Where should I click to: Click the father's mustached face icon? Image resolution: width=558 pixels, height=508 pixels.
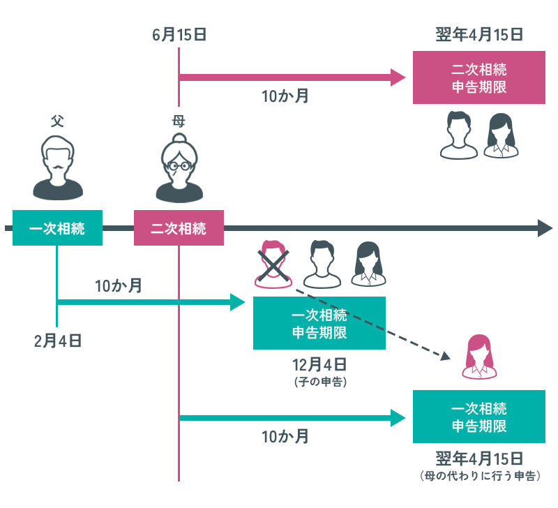(x=58, y=165)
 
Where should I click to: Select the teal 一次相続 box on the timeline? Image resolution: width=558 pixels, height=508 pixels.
(x=57, y=228)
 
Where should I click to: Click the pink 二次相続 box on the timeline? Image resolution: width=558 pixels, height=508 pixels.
(x=179, y=228)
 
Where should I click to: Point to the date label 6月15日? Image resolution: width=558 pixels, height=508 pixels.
(x=179, y=34)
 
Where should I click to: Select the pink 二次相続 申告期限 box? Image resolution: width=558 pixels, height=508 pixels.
(x=478, y=79)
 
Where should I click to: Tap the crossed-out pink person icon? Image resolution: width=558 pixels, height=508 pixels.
(x=273, y=264)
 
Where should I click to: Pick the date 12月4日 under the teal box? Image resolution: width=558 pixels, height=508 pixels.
(x=319, y=365)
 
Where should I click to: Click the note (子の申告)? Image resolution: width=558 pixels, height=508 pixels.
(x=319, y=382)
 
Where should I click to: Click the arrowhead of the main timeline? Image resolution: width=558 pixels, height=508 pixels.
(x=544, y=228)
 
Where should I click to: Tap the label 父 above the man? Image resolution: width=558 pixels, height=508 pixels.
(x=57, y=121)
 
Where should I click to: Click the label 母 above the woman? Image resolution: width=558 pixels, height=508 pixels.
(x=179, y=121)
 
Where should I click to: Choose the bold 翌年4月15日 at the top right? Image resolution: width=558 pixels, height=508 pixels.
(x=478, y=34)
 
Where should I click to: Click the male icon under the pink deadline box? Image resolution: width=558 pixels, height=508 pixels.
(x=458, y=135)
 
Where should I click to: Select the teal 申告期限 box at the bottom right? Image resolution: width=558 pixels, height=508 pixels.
(x=478, y=417)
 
